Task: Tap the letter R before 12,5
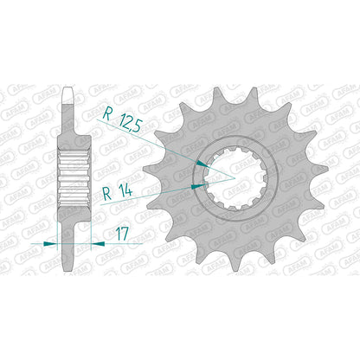107,113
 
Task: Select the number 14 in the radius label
125,190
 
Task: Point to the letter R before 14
107,194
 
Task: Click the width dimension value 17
122,234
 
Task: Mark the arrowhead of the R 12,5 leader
202,164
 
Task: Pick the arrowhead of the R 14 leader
197,187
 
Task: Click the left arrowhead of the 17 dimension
49,244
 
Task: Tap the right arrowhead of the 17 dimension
98,244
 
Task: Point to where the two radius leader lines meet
235,179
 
